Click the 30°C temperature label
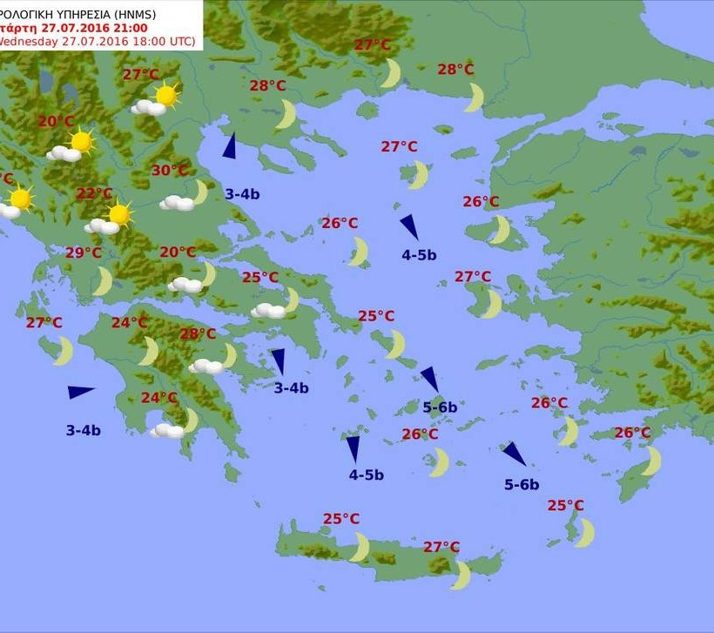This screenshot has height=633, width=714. pos(170,171)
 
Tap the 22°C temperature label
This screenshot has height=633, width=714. pos(95,193)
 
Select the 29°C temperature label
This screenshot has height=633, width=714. pos(84,253)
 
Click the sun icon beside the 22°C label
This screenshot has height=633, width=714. pos(119,214)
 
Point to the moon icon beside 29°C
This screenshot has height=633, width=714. pos(104,280)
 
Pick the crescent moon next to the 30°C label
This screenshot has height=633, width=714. pos(200,192)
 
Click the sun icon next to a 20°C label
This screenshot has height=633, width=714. pos(81,141)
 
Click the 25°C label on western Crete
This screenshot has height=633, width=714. pos(341,519)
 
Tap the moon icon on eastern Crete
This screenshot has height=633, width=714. pos(461,575)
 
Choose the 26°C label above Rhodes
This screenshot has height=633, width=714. pos(632,433)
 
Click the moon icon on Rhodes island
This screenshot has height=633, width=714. pos(651,461)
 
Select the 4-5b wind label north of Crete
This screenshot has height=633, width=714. pos(367,475)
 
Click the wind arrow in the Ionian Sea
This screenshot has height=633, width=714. pos(80,393)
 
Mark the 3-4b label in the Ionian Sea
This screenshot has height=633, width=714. pos(84,429)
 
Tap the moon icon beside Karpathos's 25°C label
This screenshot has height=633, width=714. pos(585,532)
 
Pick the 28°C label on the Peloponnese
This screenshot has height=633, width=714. pos(198,333)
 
